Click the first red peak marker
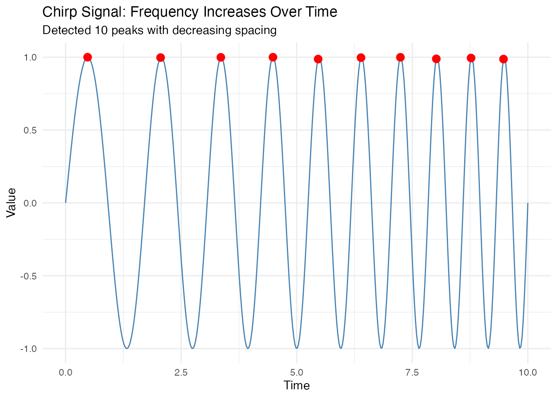tap(87, 57)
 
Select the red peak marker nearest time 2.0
tap(161, 58)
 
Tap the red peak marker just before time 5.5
tap(318, 59)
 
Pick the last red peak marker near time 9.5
tap(504, 59)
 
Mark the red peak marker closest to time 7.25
tap(400, 57)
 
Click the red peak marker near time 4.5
tap(273, 57)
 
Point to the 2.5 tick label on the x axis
tap(181, 372)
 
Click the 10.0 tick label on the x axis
tap(527, 372)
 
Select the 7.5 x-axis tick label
tap(412, 372)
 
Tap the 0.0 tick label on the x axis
tap(65, 372)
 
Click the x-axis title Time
tap(296, 386)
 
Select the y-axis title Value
tap(11, 203)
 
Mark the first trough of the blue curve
tap(127, 348)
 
